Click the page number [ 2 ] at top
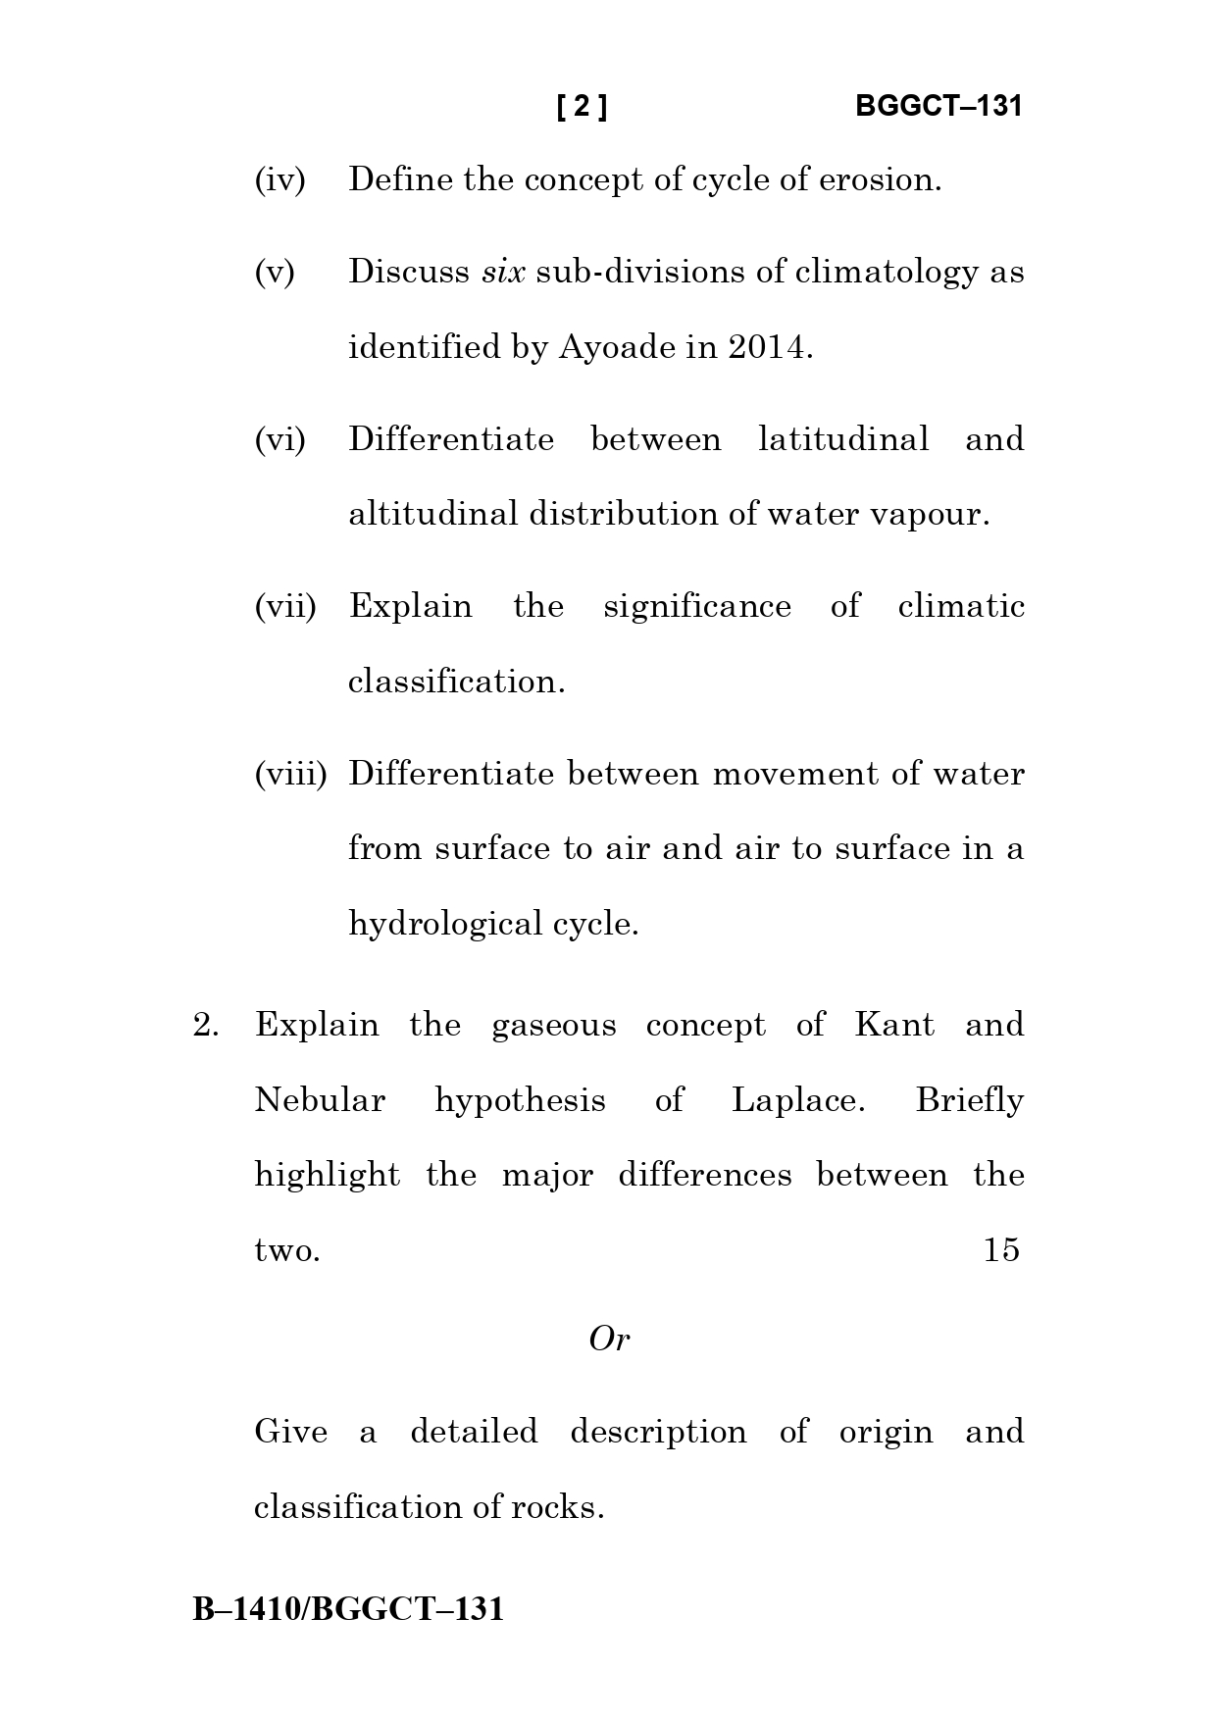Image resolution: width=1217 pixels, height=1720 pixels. point(582,106)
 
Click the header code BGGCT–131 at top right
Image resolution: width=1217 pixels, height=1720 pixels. point(938,106)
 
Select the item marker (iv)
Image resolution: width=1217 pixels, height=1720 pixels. point(279,180)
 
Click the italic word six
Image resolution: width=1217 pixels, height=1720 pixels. point(503,272)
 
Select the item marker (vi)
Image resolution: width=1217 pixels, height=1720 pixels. point(280,439)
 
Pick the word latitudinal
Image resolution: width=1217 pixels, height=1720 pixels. point(843,439)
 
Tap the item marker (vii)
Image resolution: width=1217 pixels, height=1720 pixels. point(285,607)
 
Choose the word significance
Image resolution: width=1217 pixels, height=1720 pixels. point(697,607)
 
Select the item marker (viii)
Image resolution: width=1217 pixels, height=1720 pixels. point(289,775)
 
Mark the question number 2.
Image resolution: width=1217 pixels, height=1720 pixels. point(206,1026)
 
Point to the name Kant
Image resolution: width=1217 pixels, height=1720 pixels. point(894,1026)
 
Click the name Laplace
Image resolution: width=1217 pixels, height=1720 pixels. point(798,1101)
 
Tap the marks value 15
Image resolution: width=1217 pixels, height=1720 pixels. point(1001,1250)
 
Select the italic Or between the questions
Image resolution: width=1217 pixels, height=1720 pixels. point(609,1340)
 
